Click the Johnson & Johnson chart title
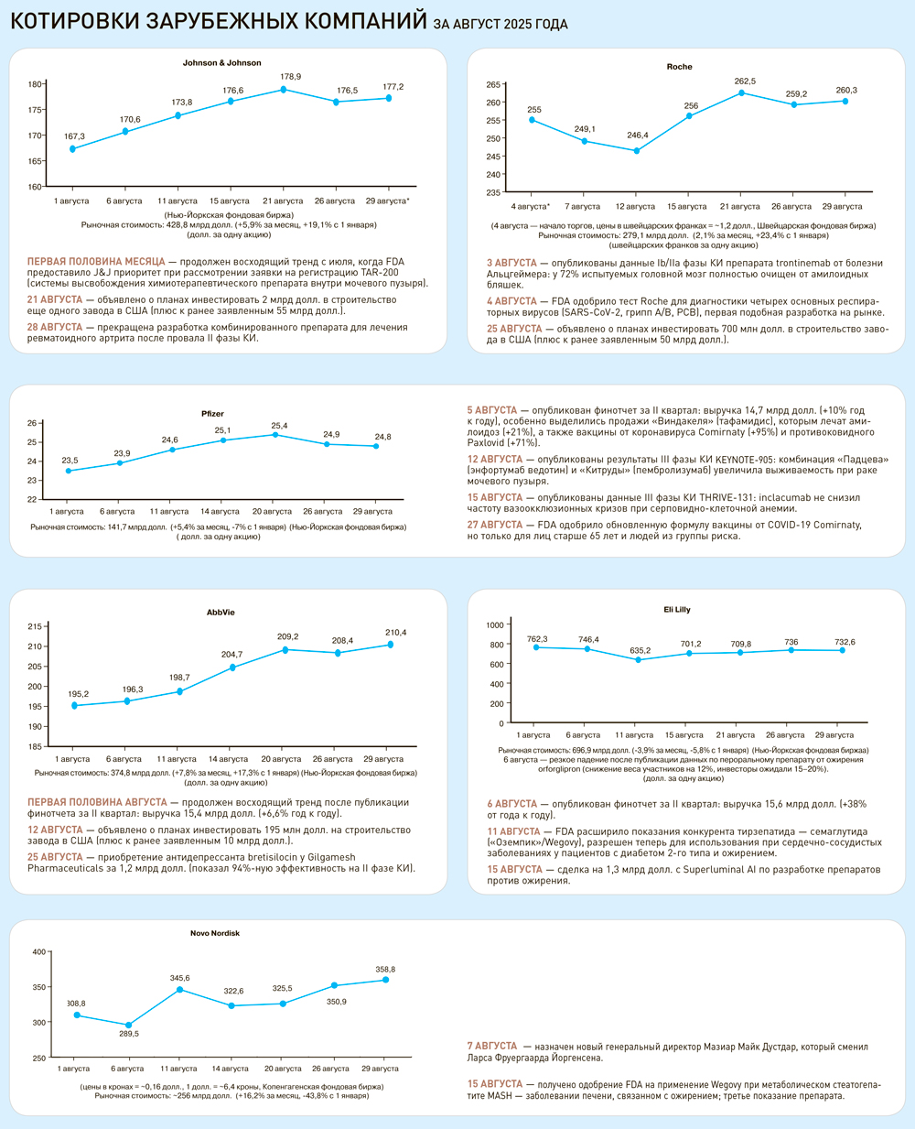click(x=221, y=63)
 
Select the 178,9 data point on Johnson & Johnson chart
click(x=283, y=90)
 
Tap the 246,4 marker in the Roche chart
click(x=638, y=150)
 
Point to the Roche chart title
click(x=679, y=67)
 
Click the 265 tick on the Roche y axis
click(x=492, y=85)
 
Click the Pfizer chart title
click(x=212, y=414)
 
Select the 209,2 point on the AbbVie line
click(x=285, y=650)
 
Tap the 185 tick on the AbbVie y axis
click(x=35, y=746)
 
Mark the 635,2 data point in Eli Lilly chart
click(x=639, y=660)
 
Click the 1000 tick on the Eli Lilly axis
click(x=495, y=624)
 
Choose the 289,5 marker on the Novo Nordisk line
click(x=128, y=1026)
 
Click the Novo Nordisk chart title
click(x=215, y=933)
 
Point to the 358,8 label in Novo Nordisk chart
click(x=385, y=969)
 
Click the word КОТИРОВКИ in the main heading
click(x=75, y=21)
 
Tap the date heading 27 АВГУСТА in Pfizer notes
click(x=494, y=526)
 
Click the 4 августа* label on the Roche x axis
click(x=531, y=207)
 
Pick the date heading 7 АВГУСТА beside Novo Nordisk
click(x=492, y=1046)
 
